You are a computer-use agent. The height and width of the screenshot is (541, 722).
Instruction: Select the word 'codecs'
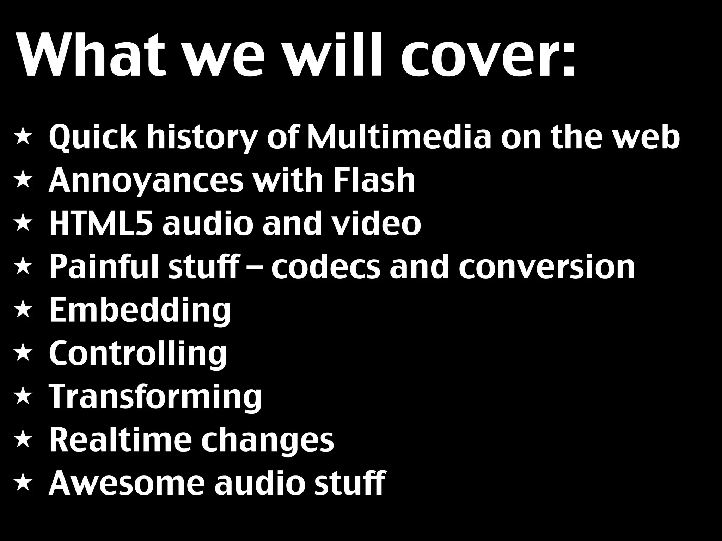326,267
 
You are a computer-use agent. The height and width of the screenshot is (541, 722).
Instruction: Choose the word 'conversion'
546,267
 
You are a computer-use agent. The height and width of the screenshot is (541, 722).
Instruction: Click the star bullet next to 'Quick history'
23,138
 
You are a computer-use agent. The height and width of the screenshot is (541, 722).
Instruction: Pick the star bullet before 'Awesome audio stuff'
23,483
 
